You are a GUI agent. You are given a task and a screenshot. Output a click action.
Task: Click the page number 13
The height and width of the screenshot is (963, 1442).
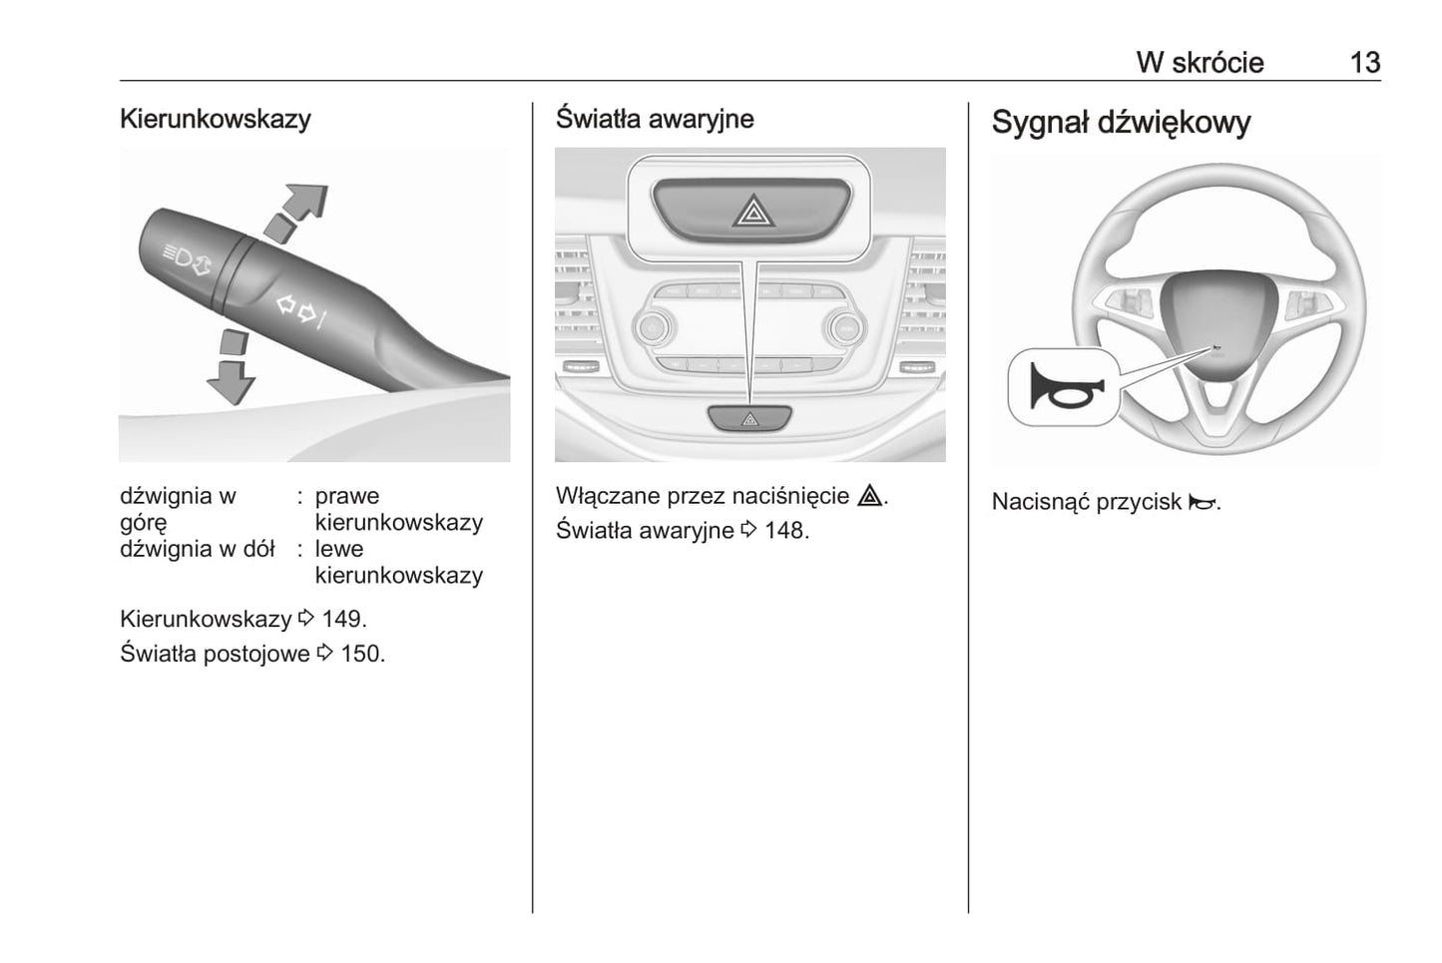[1364, 62]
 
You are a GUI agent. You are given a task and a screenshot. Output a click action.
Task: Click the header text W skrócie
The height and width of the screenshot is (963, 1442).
[1200, 62]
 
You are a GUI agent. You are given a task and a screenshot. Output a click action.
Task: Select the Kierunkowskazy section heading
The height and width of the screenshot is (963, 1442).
[215, 119]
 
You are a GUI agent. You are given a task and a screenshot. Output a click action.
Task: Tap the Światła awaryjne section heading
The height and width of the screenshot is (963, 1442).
[654, 119]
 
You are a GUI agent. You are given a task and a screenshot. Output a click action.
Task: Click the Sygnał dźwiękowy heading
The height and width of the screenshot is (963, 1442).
[1121, 123]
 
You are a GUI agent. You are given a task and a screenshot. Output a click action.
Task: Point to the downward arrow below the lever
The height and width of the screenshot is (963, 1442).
[231, 369]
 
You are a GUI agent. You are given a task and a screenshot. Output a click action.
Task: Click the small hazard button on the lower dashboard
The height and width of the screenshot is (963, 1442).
[749, 419]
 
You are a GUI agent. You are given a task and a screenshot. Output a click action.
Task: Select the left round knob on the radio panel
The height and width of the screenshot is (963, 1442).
[651, 326]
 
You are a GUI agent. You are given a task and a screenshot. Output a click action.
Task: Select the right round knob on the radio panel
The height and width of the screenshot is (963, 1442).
[844, 326]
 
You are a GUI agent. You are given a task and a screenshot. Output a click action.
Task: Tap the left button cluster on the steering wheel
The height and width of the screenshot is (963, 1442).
[1133, 298]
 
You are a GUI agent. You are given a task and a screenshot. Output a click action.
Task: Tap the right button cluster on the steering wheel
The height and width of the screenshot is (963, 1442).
[1303, 298]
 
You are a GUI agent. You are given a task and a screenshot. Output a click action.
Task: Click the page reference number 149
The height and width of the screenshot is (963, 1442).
[343, 619]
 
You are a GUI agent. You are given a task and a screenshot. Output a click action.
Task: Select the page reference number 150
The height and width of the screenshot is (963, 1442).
[361, 655]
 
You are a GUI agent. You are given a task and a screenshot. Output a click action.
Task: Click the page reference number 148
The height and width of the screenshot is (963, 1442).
[785, 530]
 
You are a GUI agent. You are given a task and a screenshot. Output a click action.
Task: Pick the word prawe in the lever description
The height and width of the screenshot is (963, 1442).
[346, 496]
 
